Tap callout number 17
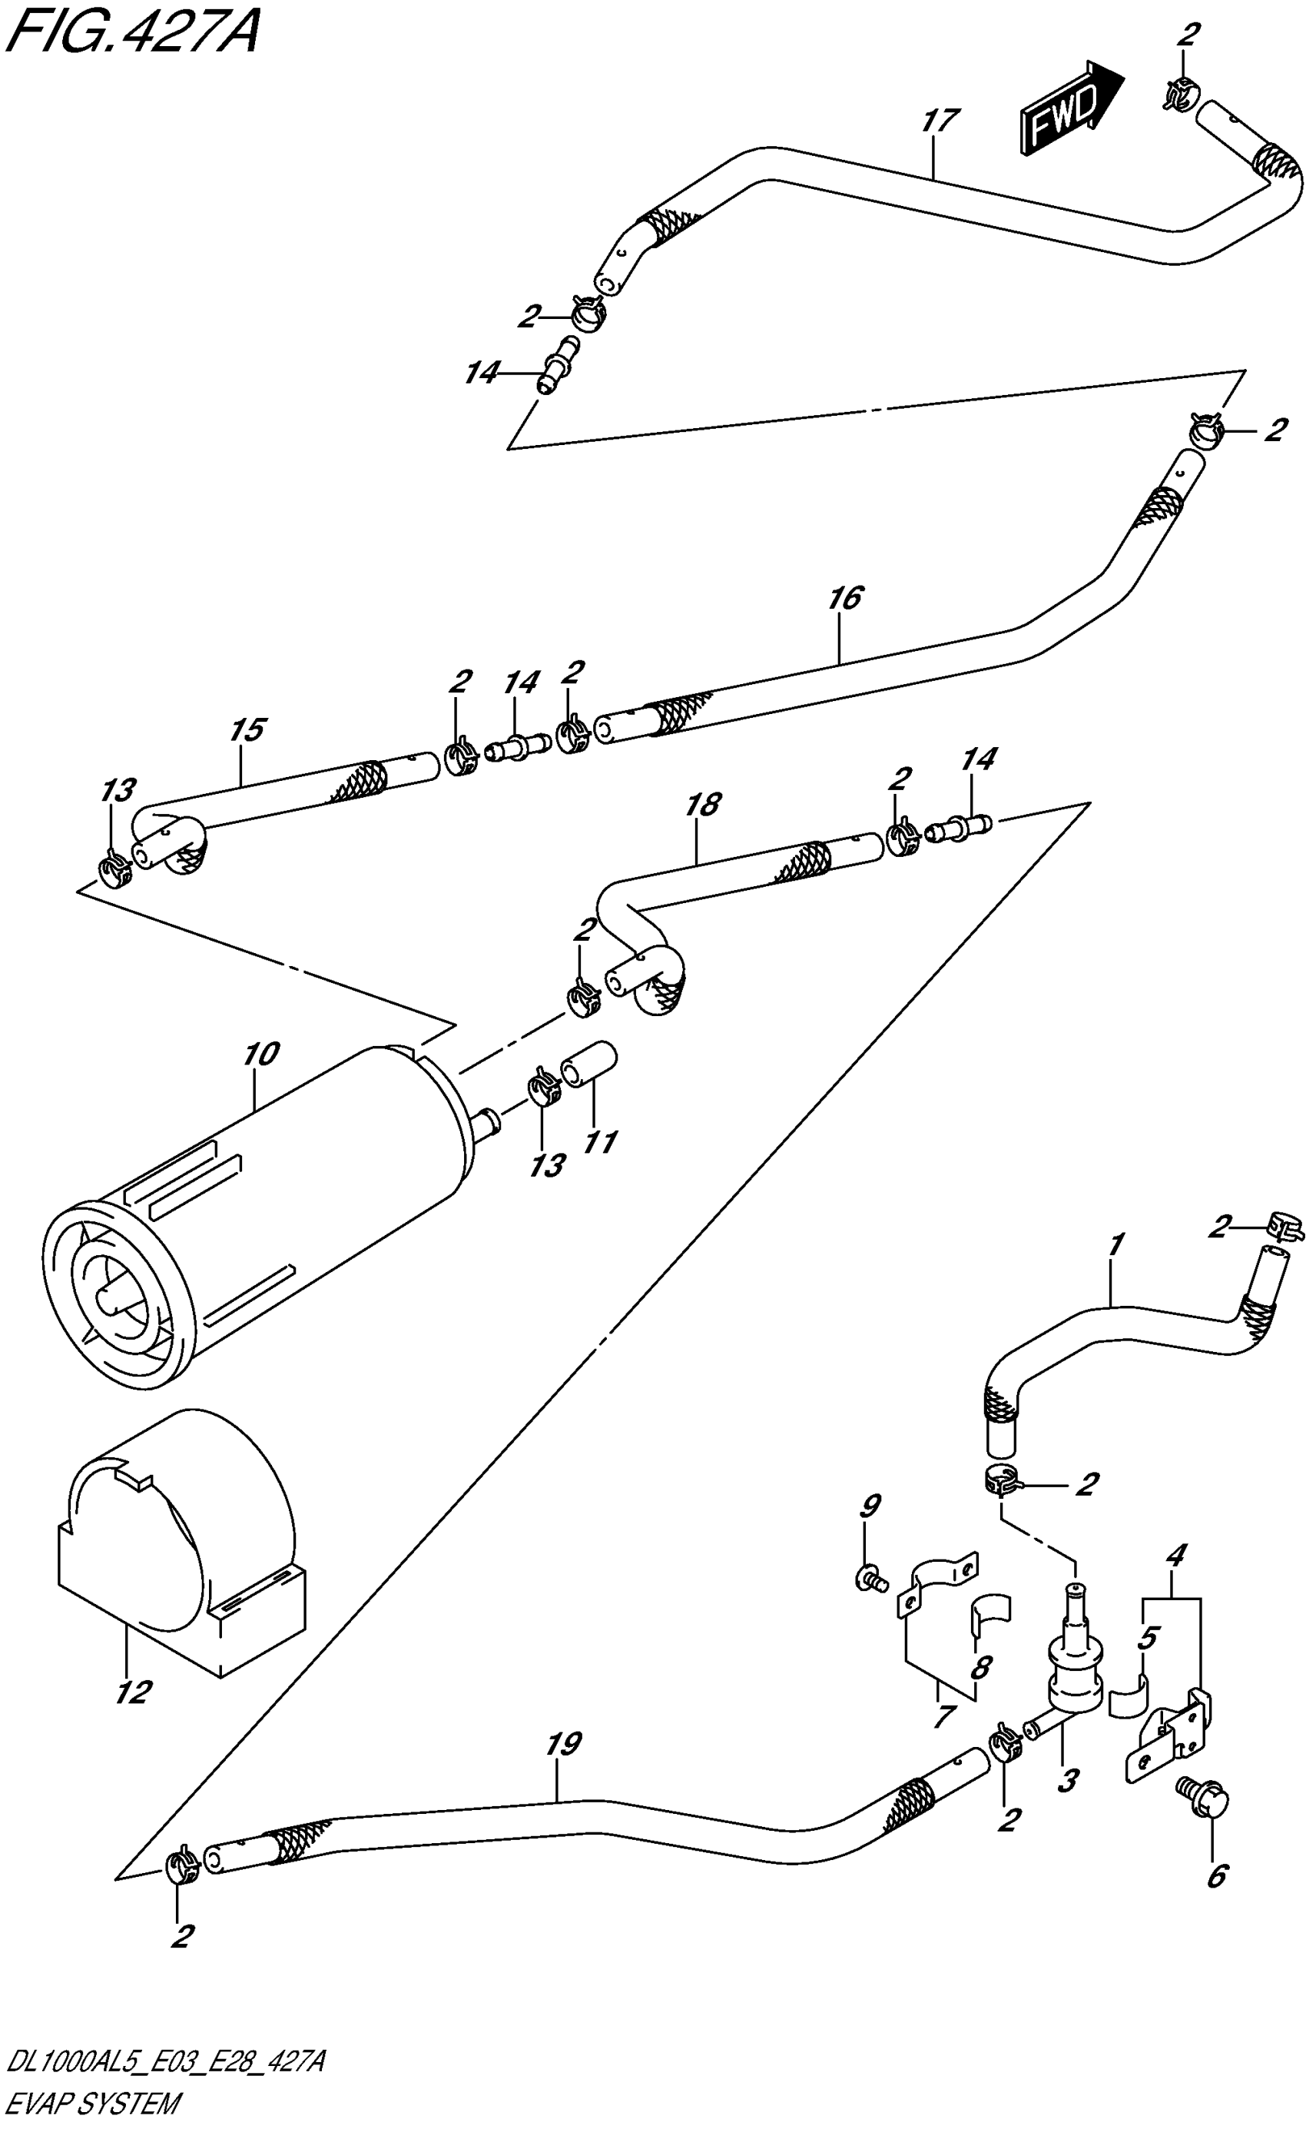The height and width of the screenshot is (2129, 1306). (940, 119)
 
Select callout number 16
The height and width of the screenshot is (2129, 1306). (845, 597)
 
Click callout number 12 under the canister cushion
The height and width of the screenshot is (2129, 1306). (133, 1692)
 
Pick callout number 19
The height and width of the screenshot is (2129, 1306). (562, 1744)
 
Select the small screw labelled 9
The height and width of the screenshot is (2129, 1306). (870, 1579)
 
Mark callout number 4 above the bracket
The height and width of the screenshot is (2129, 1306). (1175, 1556)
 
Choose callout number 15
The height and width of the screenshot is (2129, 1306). (247, 730)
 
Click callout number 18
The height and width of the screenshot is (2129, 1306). (703, 805)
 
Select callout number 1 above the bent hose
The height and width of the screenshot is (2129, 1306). (1115, 1245)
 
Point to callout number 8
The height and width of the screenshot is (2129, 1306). (979, 1667)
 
